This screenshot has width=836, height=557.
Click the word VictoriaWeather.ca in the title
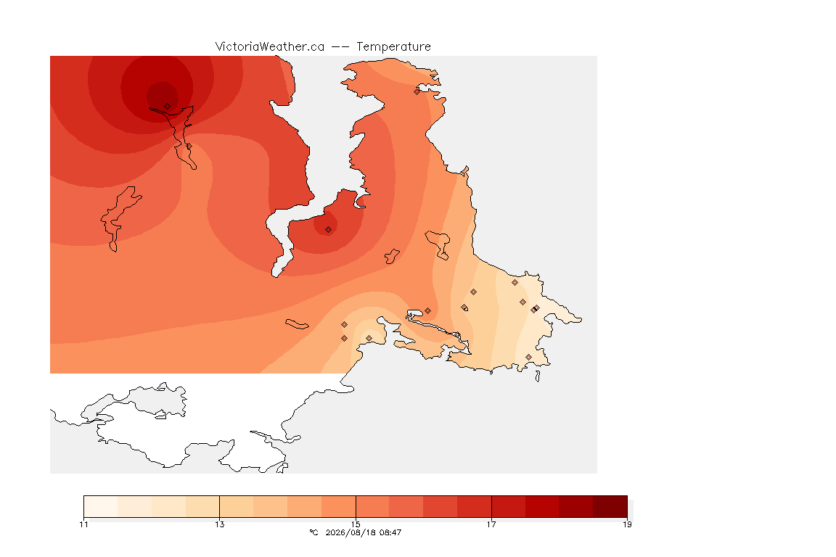(x=270, y=47)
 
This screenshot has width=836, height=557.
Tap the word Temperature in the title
(x=393, y=47)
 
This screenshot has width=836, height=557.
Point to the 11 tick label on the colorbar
(x=83, y=524)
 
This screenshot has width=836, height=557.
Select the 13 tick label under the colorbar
(x=220, y=524)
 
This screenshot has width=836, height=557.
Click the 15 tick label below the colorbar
(x=356, y=524)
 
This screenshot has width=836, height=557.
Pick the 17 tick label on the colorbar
(x=491, y=524)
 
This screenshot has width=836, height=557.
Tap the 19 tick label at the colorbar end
(x=627, y=524)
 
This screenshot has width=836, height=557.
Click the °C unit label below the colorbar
(x=313, y=532)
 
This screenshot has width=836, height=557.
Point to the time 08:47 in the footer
(x=390, y=532)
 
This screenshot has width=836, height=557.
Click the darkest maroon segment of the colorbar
(x=610, y=506)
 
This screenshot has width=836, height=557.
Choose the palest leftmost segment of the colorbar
(x=101, y=506)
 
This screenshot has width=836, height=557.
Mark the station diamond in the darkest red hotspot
(x=168, y=107)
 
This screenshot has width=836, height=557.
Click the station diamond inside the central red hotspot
(x=329, y=230)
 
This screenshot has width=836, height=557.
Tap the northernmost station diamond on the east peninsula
(x=417, y=91)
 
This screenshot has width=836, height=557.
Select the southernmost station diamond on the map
(x=528, y=357)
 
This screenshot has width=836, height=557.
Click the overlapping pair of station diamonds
(x=536, y=309)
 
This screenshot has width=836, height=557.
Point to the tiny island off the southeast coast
(x=538, y=376)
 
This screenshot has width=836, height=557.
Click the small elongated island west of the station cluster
(x=297, y=324)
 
